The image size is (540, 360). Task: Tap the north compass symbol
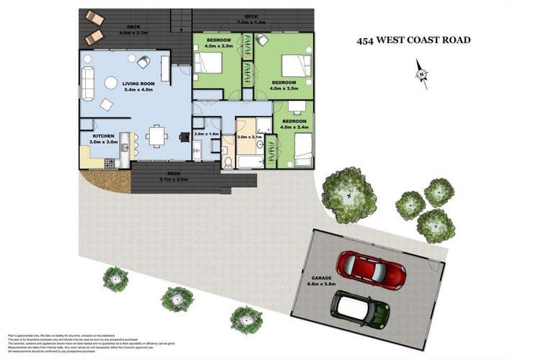pos(420,73)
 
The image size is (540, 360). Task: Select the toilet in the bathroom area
pos(227,160)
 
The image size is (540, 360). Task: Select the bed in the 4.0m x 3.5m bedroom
pos(293,67)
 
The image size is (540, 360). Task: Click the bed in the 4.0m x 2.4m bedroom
pos(303,148)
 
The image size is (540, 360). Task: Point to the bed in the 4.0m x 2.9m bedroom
pos(208,62)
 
